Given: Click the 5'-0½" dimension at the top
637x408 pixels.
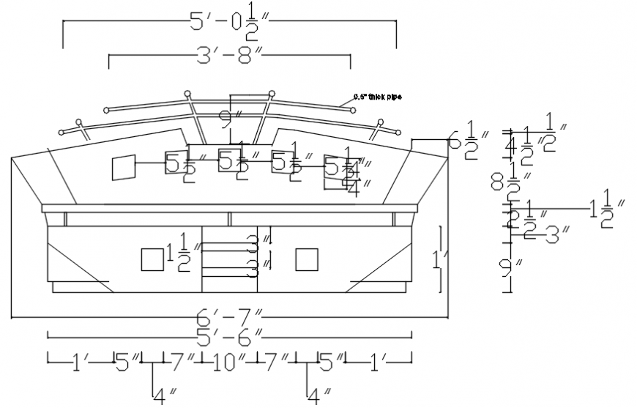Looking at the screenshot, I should [230, 23].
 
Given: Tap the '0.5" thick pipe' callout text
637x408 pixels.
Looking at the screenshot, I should [377, 96].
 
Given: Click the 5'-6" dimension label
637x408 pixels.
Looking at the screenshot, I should [228, 336].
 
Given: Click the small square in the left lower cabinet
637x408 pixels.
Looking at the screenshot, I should [152, 259].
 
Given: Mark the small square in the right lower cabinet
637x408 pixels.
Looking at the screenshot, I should [307, 259].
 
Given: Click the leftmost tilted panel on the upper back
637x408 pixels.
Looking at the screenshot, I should [123, 168].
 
